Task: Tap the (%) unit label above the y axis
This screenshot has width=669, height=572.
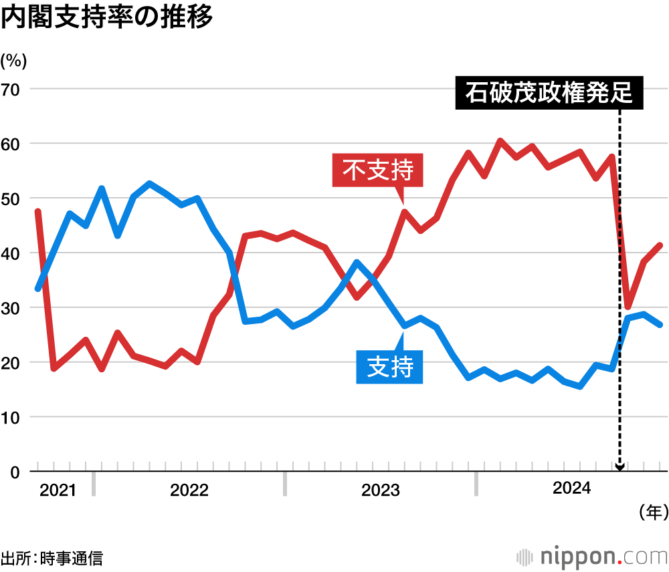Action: click(x=14, y=61)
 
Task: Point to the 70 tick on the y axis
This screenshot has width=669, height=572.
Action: click(x=12, y=89)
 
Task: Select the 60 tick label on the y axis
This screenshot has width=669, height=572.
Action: click(x=12, y=144)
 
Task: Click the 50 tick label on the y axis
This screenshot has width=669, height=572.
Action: click(x=12, y=198)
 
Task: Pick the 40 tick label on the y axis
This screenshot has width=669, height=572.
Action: click(x=12, y=253)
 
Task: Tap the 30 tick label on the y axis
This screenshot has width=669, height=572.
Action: click(x=12, y=308)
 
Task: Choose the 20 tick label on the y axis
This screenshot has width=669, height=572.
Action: click(x=12, y=363)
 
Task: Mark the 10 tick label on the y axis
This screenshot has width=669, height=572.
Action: click(x=12, y=418)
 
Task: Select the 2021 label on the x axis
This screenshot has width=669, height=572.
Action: click(x=58, y=491)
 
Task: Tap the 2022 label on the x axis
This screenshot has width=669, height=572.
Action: click(x=189, y=491)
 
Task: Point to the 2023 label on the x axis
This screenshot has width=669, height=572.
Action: click(x=380, y=491)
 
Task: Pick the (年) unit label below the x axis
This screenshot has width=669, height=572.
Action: click(x=653, y=513)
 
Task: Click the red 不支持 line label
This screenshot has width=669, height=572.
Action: click(x=378, y=170)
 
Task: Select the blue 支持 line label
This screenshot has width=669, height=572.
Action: click(x=390, y=366)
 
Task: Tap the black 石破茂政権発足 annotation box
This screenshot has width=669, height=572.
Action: click(x=549, y=94)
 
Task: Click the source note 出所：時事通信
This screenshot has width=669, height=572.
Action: click(x=52, y=557)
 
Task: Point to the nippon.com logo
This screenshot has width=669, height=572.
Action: click(x=592, y=556)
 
